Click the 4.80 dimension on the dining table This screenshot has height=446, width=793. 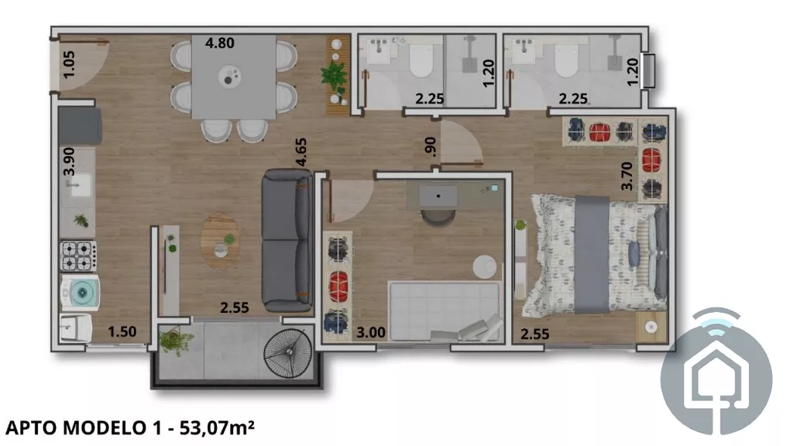point(219,43)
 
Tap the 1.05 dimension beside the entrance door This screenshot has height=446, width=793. point(69,64)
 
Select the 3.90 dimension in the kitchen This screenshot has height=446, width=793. point(69,161)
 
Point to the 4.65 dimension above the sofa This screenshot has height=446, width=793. point(301,153)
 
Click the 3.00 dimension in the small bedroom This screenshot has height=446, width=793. point(371,332)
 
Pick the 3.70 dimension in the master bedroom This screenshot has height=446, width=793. point(627,176)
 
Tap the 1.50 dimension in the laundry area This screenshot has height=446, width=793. point(122,331)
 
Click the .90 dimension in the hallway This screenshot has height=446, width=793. point(430,146)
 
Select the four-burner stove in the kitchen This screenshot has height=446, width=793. point(78,256)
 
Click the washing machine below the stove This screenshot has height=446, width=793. point(80,292)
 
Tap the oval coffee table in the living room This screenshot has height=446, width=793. point(221,242)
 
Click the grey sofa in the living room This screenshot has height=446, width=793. point(287,240)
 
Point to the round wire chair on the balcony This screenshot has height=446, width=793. point(289,353)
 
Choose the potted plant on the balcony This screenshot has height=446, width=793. point(174,341)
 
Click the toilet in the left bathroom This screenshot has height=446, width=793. point(421,59)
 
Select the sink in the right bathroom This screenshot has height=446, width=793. point(524,50)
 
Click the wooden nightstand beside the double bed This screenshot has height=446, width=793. point(651,328)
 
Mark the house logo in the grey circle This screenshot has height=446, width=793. point(716,372)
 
